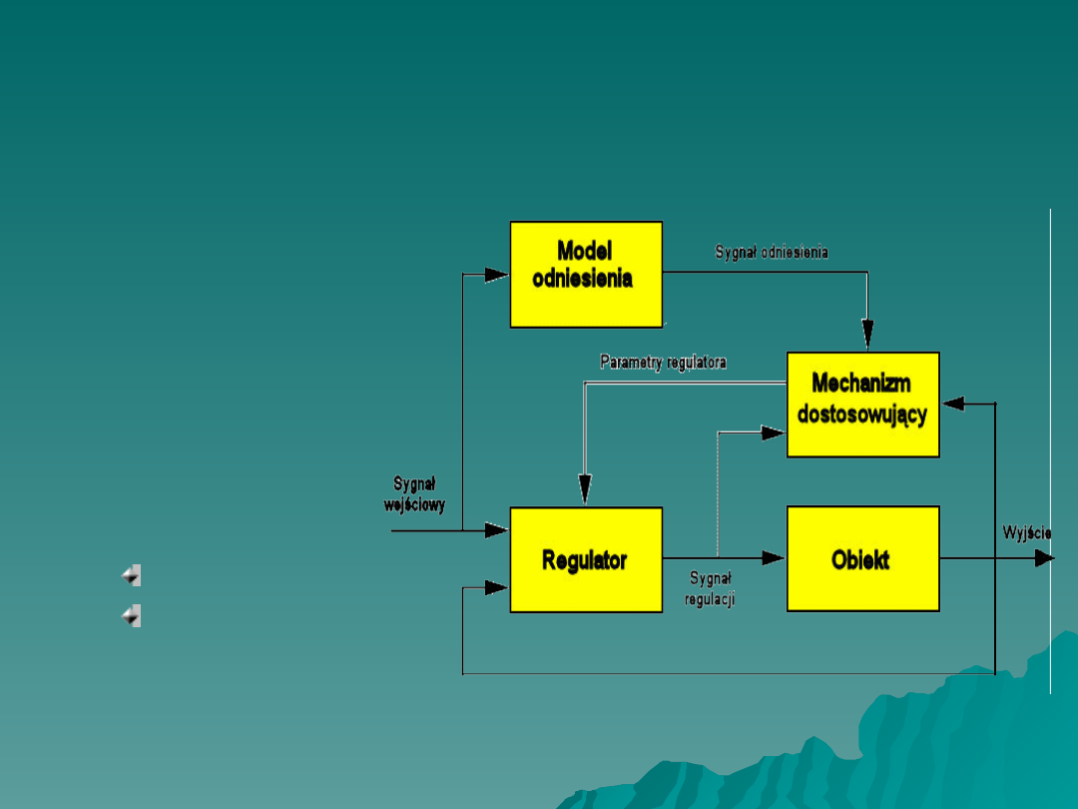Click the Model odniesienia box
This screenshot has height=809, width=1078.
click(x=586, y=274)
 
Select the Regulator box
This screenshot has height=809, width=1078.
click(x=586, y=559)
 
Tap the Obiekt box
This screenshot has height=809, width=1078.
click(x=862, y=559)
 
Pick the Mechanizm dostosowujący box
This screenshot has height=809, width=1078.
click(x=862, y=404)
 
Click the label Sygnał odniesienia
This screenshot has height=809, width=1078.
click(x=772, y=253)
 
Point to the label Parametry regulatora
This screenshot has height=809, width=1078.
click(x=663, y=362)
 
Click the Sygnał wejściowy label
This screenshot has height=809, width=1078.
click(x=414, y=494)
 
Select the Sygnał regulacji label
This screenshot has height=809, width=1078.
click(x=710, y=589)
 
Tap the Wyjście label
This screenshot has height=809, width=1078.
click(x=1027, y=533)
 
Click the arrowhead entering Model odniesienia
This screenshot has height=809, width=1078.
click(x=497, y=275)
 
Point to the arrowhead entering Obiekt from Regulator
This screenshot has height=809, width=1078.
click(x=774, y=558)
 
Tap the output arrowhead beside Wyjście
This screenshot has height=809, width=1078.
click(x=1044, y=558)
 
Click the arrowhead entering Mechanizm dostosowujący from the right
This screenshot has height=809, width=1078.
click(x=953, y=404)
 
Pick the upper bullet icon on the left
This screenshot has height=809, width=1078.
click(x=131, y=575)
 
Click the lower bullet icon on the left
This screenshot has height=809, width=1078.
click(x=131, y=616)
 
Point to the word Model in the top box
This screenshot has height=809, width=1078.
click(x=584, y=251)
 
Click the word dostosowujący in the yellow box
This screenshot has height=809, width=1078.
click(x=862, y=414)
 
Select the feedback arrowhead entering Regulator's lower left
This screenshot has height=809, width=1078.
click(x=497, y=587)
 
